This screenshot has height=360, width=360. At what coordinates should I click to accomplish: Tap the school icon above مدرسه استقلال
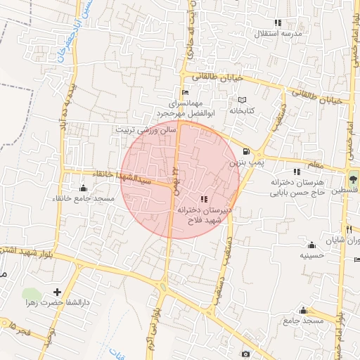278,22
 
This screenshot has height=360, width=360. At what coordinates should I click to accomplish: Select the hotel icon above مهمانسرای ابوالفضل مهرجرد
185,92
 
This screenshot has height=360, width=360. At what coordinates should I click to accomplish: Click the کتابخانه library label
241,110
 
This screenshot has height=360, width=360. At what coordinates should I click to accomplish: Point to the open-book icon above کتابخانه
242,100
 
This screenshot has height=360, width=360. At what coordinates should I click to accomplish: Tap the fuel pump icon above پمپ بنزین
245,151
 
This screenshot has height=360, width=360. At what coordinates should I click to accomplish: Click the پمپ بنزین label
244,162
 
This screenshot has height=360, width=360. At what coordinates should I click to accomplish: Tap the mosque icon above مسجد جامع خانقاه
84,188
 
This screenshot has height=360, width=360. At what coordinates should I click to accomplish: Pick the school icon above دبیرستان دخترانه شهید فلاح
204,199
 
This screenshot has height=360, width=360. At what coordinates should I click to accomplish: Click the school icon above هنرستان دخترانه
297,172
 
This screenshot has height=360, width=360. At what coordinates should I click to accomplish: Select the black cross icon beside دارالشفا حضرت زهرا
57,292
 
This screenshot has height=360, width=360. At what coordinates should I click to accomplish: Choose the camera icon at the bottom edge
245,354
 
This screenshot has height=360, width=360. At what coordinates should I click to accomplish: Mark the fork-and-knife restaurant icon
349,229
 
